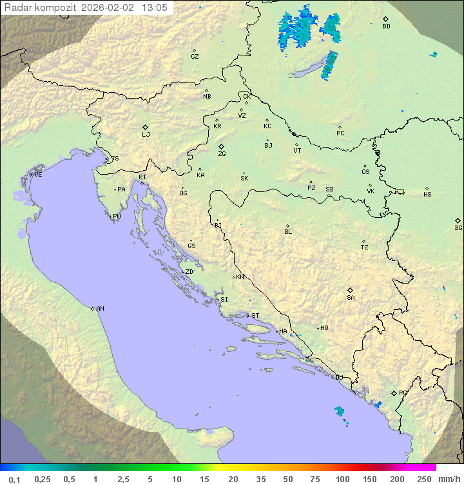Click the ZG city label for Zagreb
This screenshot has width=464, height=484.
(x=222, y=154)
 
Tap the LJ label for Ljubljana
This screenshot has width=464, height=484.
(x=146, y=135)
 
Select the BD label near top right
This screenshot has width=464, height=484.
(x=386, y=26)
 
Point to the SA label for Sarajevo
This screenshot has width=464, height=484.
(x=351, y=298)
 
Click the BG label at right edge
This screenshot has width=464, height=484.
(x=458, y=228)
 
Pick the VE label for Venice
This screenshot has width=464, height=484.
(x=38, y=175)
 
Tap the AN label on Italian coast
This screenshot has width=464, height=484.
(x=100, y=309)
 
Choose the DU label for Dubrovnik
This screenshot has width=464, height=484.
(x=338, y=378)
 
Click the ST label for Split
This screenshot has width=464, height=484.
(x=255, y=316)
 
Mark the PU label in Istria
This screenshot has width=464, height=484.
(x=117, y=217)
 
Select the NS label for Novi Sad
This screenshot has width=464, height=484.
(x=427, y=195)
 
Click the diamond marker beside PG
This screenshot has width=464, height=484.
(x=394, y=393)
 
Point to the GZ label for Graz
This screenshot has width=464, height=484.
(x=195, y=57)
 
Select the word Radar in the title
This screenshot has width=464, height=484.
(x=17, y=8)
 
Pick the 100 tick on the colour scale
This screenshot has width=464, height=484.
(x=342, y=478)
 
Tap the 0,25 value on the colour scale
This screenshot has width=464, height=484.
(x=43, y=478)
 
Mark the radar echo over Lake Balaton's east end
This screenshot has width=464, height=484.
(x=329, y=64)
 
